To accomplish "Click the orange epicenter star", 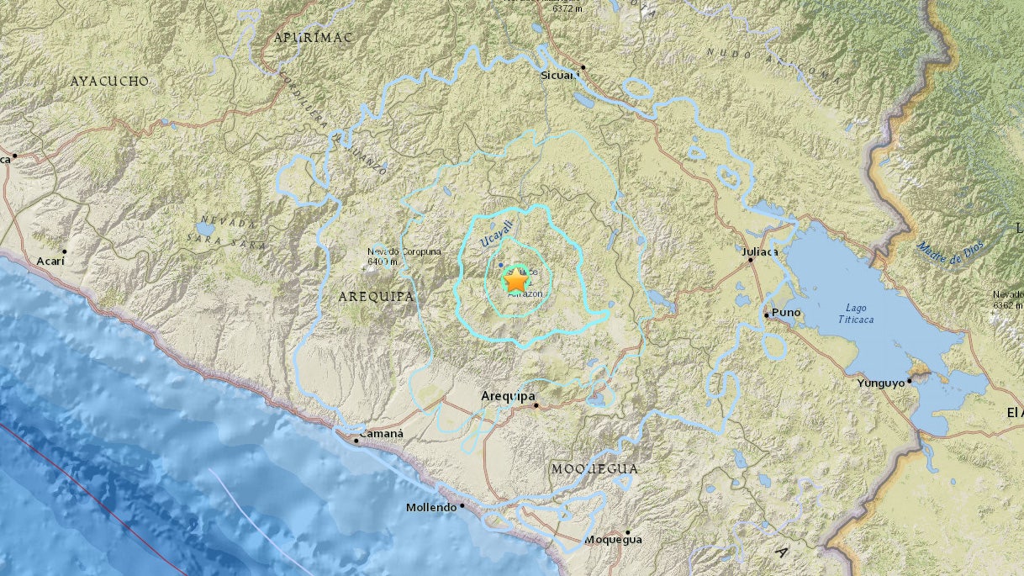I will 515,281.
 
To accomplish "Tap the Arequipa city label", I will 509,395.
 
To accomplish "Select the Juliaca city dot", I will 750,261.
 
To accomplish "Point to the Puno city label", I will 786,313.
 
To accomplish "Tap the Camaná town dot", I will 356,440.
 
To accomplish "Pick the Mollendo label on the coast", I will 430,507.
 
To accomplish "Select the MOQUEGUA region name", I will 594,468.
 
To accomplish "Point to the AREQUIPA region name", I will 376,296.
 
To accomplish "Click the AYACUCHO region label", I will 109,82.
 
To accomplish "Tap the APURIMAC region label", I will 313,38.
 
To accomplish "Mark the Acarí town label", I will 50,262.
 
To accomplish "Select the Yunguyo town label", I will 881,383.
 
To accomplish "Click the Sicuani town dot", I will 583,66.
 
